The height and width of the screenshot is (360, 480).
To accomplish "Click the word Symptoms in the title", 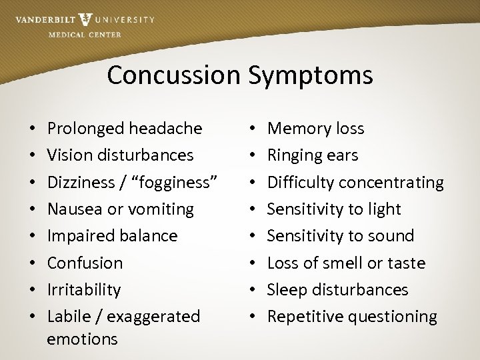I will [x=311, y=76].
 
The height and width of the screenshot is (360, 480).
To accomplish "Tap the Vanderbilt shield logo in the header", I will [x=85, y=19].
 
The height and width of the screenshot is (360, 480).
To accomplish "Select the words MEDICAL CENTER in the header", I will [x=85, y=35].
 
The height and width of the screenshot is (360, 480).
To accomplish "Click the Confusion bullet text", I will [x=85, y=263].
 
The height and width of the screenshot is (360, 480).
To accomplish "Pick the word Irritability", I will [x=84, y=290].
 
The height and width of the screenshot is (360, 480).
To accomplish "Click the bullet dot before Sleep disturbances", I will [x=253, y=290].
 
